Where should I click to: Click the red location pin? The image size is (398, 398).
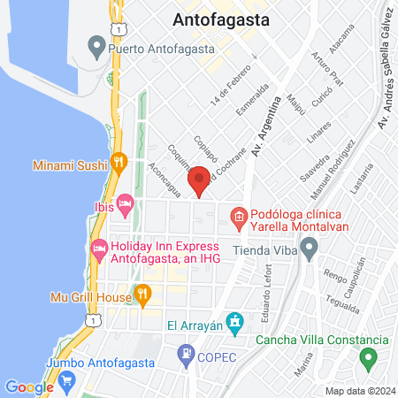click(x=199, y=180)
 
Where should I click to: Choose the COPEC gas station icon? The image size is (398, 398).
click(x=187, y=357)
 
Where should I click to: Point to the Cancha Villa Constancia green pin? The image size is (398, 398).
click(x=368, y=358)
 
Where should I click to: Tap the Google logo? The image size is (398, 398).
click(x=29, y=387)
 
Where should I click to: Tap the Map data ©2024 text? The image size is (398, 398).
click(x=358, y=391)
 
